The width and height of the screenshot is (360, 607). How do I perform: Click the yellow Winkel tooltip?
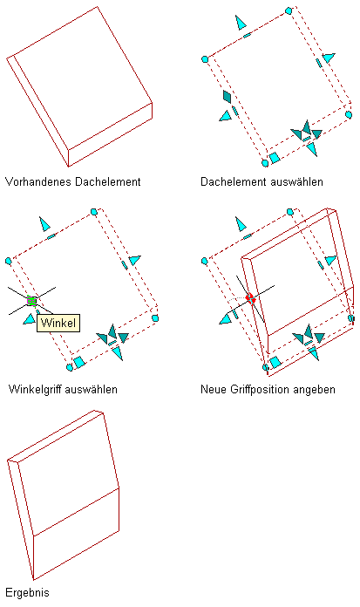click(58, 323)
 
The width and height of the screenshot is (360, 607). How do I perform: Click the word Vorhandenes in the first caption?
click(38, 181)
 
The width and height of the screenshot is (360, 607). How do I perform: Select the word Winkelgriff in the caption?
click(35, 389)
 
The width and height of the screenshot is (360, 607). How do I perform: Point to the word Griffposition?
click(260, 389)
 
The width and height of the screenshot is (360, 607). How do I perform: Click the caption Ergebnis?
click(27, 593)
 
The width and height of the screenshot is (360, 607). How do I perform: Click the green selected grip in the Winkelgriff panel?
click(31, 300)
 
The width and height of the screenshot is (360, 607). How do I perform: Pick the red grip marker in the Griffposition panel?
click(251, 298)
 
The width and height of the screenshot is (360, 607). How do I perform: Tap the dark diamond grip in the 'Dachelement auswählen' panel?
click(228, 97)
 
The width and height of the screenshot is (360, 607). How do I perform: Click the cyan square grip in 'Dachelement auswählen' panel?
click(275, 158)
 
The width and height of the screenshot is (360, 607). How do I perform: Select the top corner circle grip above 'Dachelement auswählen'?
click(289, 10)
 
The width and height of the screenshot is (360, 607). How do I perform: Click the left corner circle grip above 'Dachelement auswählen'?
click(205, 59)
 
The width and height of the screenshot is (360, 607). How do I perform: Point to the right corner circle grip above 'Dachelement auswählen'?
click(349, 114)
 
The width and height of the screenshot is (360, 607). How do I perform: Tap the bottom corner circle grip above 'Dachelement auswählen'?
click(265, 163)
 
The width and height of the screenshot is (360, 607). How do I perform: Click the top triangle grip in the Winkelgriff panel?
click(44, 224)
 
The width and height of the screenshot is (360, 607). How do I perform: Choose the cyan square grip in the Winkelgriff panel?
click(79, 362)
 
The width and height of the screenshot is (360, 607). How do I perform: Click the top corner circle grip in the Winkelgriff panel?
click(93, 212)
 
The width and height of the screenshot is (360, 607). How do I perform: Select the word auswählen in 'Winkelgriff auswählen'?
click(91, 389)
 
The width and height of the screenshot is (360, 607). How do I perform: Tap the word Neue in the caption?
click(214, 389)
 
